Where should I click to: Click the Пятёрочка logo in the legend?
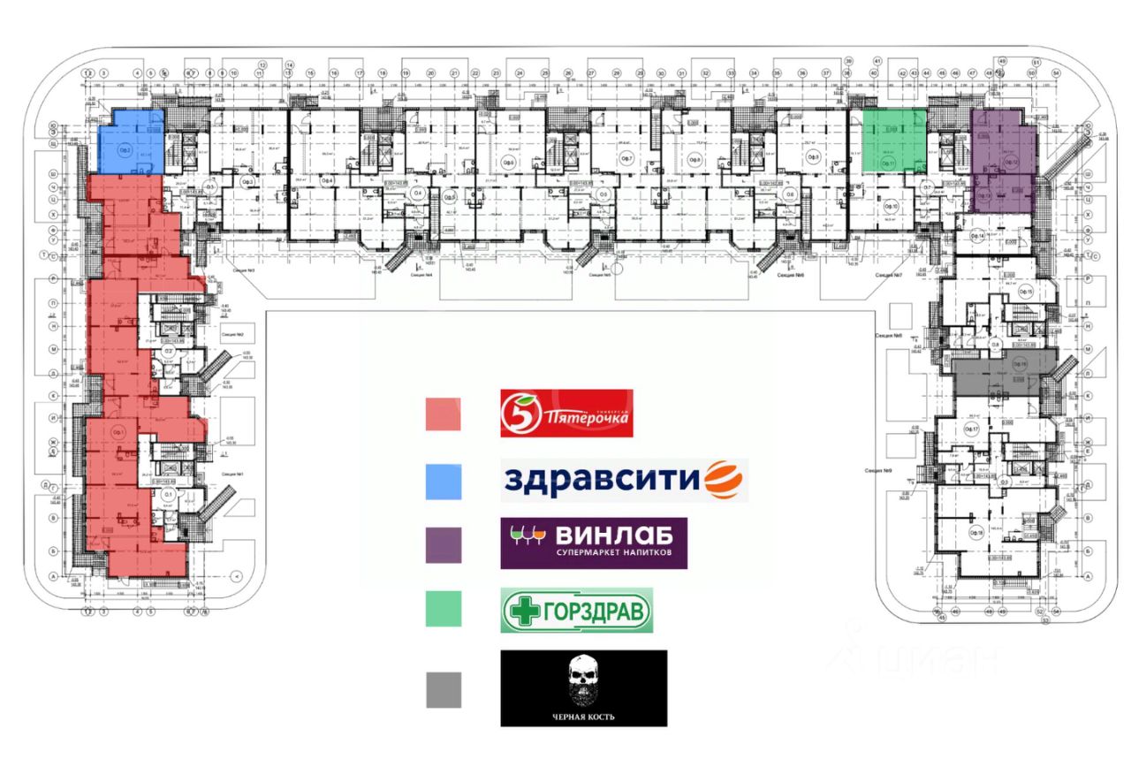tap(567, 414)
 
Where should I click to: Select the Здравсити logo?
tap(624, 480)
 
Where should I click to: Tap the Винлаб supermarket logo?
tap(593, 543)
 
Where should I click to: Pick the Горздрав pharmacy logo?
tap(577, 610)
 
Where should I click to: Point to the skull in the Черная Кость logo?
tap(583, 681)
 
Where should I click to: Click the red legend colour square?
tap(443, 414)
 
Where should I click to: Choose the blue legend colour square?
tap(443, 480)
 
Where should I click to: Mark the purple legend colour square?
tap(443, 544)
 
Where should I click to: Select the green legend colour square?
tap(443, 609)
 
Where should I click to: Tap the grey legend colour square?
tap(443, 689)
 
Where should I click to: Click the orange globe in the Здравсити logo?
tap(725, 481)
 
